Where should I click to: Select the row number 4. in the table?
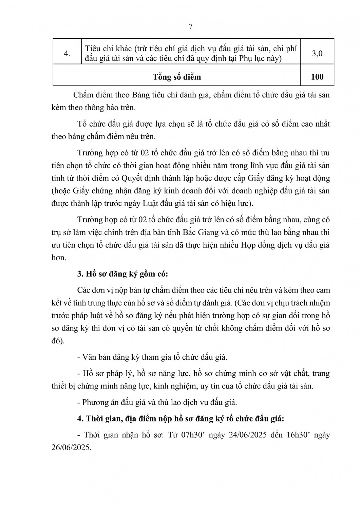click(67, 54)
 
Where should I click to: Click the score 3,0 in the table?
click(317, 54)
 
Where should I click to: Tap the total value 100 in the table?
click(317, 77)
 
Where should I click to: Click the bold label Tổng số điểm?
click(177, 77)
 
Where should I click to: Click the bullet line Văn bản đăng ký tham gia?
click(152, 357)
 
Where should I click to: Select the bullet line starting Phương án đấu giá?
click(157, 402)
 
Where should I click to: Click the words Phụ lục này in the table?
click(259, 59)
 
